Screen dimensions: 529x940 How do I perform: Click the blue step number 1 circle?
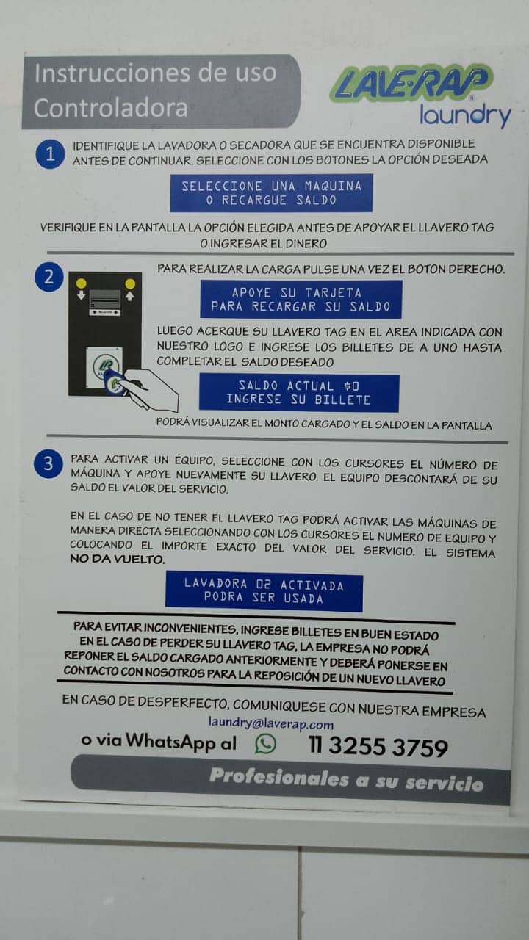[50, 154]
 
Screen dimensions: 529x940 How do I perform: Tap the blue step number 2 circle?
[49, 277]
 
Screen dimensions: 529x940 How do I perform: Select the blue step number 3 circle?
[48, 463]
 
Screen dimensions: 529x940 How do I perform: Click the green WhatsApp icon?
[265, 744]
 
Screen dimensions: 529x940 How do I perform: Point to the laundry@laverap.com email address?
[271, 723]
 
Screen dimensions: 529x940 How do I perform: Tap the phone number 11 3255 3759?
[378, 747]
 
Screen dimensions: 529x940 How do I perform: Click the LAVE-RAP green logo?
[411, 83]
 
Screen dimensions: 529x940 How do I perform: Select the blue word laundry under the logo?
[465, 115]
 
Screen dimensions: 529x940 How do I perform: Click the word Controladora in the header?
[111, 108]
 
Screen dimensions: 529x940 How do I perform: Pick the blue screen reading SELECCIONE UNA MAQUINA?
[271, 193]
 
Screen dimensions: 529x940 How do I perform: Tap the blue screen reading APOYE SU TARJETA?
[301, 300]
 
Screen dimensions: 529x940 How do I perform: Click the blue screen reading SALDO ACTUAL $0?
[299, 393]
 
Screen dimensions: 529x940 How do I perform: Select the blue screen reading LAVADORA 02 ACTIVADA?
[264, 591]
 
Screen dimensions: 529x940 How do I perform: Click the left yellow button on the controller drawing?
[81, 283]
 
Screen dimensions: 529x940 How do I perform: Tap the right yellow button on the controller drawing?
[130, 284]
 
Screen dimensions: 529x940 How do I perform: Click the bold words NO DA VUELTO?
[117, 559]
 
